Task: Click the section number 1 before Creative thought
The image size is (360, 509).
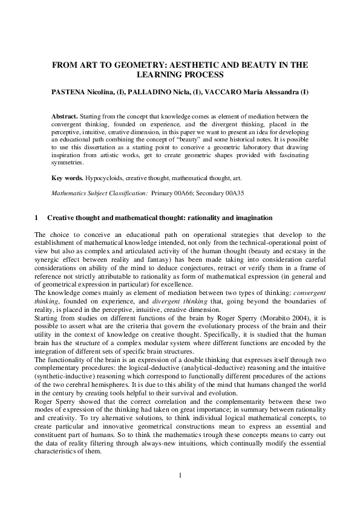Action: [37, 217]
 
